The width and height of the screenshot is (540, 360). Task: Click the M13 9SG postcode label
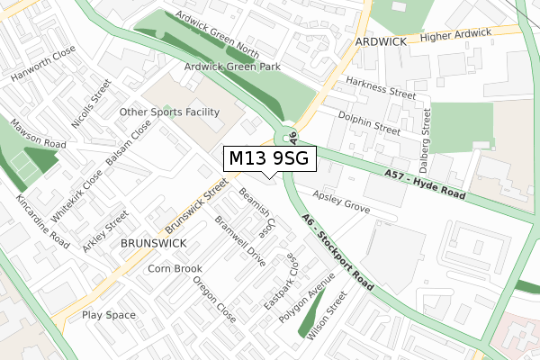[x=269, y=158]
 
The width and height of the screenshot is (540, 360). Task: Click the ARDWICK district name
[x=382, y=42]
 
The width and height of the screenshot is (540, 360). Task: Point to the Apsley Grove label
[x=341, y=201]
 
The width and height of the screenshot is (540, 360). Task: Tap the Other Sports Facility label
[x=170, y=112]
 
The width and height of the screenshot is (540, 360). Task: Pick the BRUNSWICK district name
[x=153, y=243]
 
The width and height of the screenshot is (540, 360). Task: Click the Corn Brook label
[x=175, y=268]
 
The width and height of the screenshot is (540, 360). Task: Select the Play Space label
[x=109, y=315]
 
